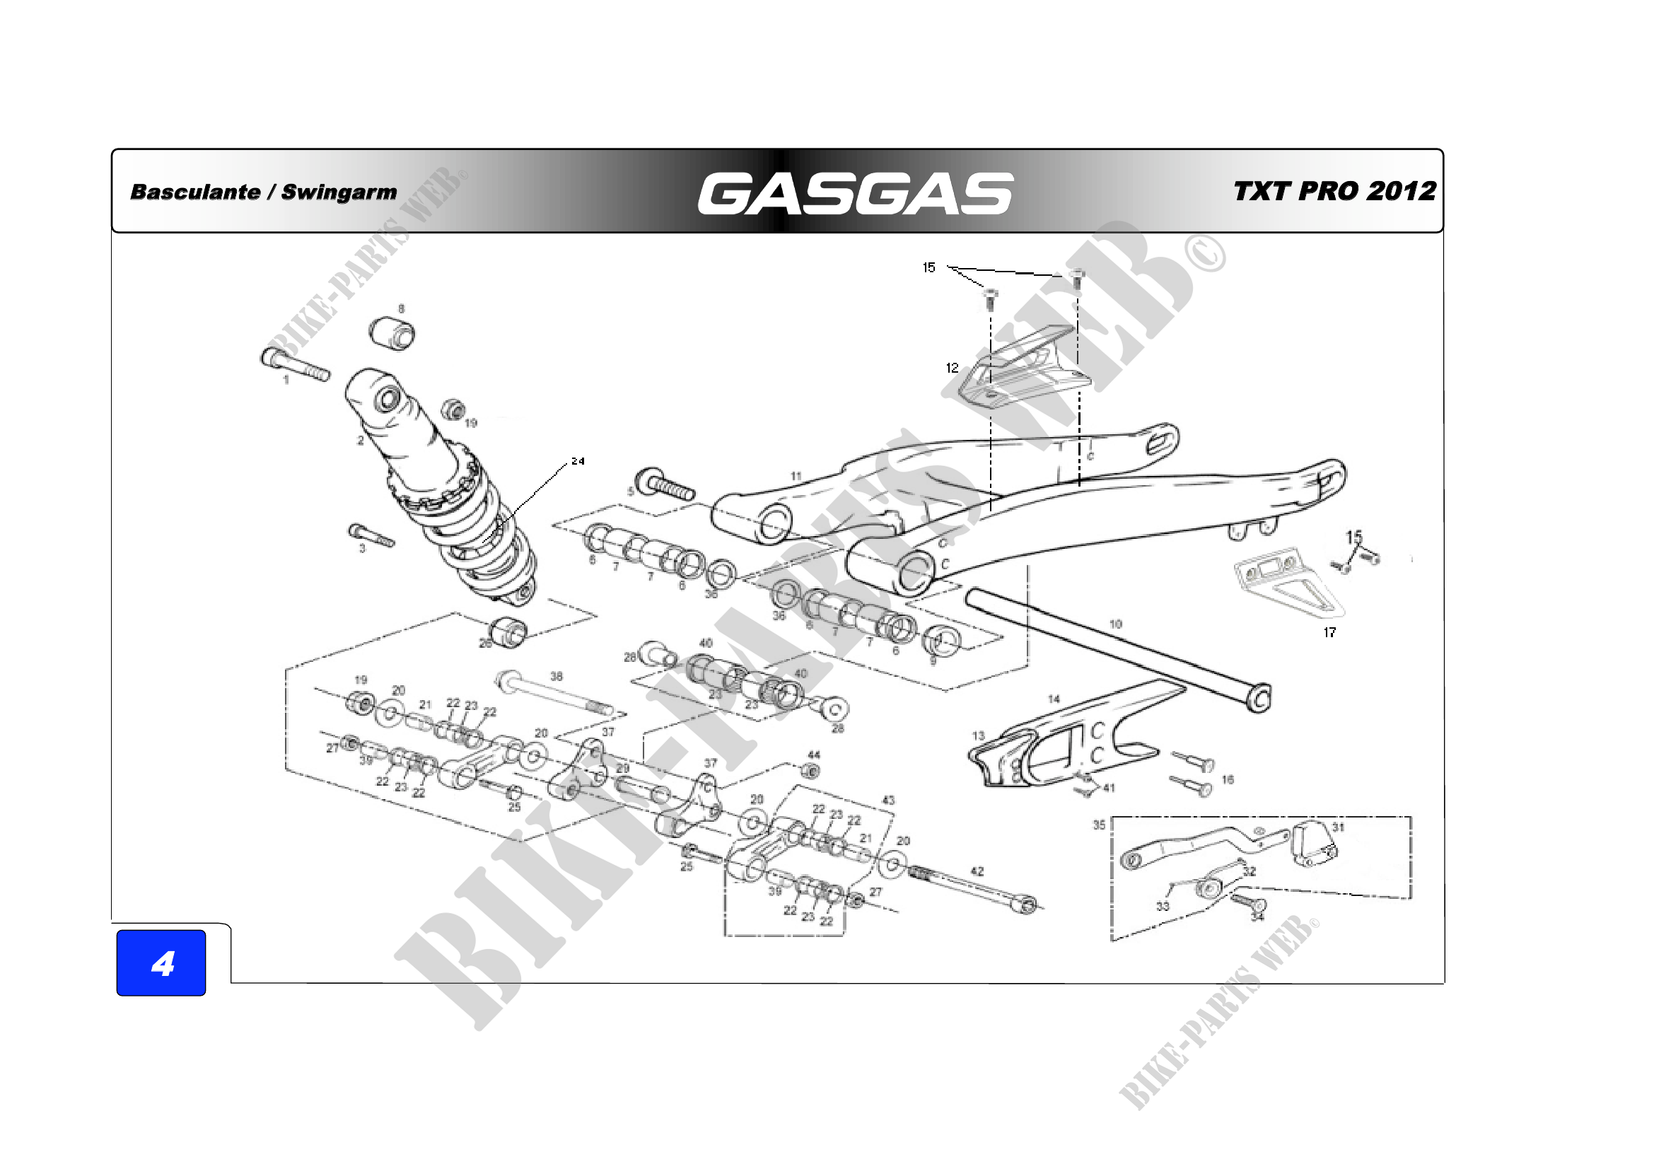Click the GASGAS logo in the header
coord(855,193)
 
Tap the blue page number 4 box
coord(161,963)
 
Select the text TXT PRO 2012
coord(1334,191)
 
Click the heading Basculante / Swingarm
coord(263,192)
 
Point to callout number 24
coord(578,461)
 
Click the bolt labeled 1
coord(296,365)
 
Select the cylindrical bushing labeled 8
coord(392,334)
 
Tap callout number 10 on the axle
coord(1115,624)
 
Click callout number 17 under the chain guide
coord(1329,632)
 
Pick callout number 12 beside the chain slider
coord(952,368)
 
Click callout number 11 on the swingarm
coord(796,476)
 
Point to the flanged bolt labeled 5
coord(665,484)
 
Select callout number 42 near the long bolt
coord(977,871)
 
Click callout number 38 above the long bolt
coord(556,676)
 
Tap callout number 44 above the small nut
coord(813,755)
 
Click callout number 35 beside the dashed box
coord(1099,825)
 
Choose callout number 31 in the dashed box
coord(1338,827)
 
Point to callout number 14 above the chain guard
coord(1054,699)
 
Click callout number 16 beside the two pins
coord(1228,779)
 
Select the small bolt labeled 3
coord(371,536)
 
